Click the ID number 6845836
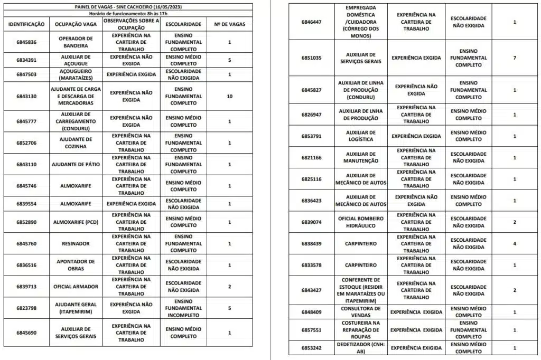coord(26,42)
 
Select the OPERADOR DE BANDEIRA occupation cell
coord(76,42)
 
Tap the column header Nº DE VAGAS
coord(229,25)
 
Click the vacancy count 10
coord(229,97)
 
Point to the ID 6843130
coord(26,97)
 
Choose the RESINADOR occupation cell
coord(76,243)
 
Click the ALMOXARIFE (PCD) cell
coord(76,222)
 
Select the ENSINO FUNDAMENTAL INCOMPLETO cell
coord(183,308)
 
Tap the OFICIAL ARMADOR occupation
coord(76,287)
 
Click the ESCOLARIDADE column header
coord(183,25)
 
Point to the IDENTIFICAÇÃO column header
coord(26,25)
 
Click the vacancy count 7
coord(515,58)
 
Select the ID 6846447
coord(311,22)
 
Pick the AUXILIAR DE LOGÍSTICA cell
coord(361,136)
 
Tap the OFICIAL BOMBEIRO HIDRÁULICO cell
coord(361,222)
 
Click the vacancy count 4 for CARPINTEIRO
coord(515,243)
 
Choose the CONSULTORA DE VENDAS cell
coord(361,311)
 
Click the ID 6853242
coord(311,348)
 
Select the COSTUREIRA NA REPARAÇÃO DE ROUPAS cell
coord(361,330)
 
